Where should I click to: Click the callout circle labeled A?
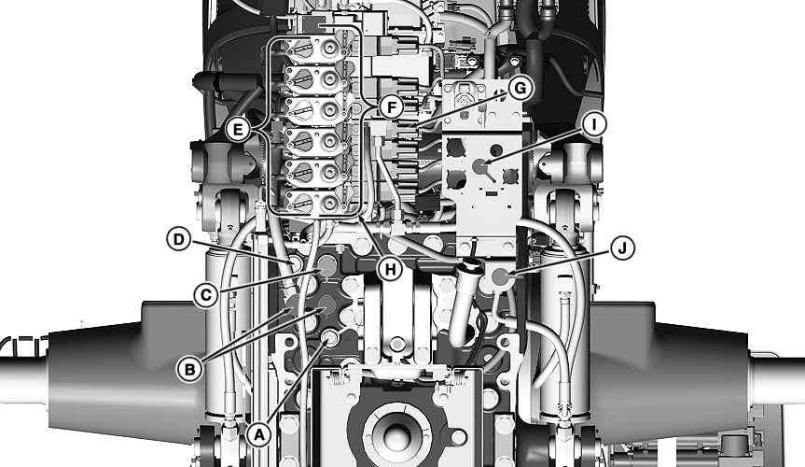258,435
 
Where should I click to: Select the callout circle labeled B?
189,369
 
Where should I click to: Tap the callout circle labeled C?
206,295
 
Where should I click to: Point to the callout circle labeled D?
179,239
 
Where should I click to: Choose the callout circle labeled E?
238,129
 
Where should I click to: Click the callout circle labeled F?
391,108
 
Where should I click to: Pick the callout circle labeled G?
520,89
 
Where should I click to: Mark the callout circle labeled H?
391,269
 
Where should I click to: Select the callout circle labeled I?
594,124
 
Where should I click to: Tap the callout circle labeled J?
622,248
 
